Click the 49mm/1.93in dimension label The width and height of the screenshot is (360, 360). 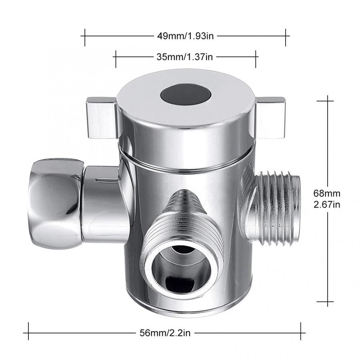pyautogui.click(x=186, y=36)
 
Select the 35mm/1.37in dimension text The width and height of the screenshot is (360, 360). pyautogui.click(x=184, y=57)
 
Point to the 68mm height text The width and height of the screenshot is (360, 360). pyautogui.click(x=326, y=193)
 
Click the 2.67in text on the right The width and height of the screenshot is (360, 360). pyautogui.click(x=326, y=205)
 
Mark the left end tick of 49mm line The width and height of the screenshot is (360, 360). pyautogui.click(x=84, y=36)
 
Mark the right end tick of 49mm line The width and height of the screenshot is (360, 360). pyautogui.click(x=286, y=36)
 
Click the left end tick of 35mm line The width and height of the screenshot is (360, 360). pyautogui.click(x=116, y=57)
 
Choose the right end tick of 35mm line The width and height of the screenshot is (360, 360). pyautogui.click(x=256, y=57)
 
